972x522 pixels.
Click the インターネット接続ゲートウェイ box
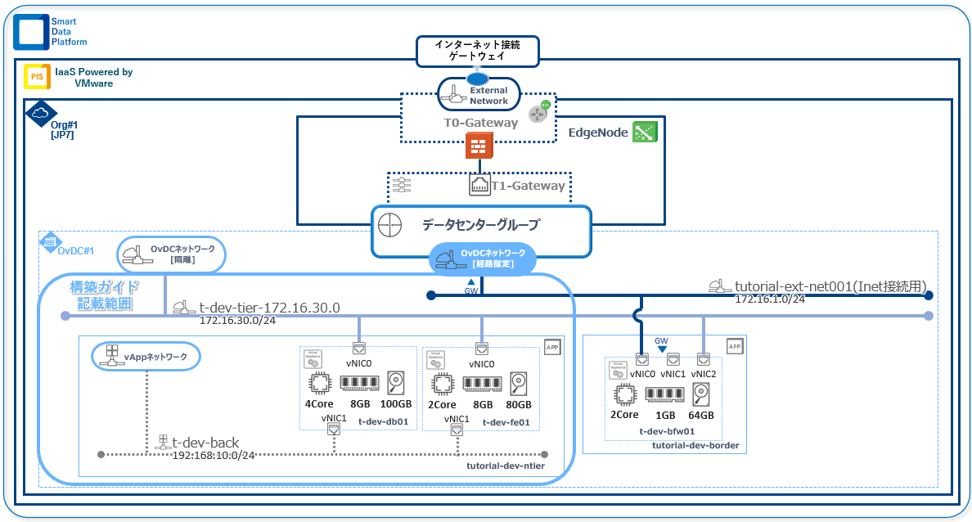click(478, 51)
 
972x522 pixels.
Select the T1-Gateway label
click(528, 186)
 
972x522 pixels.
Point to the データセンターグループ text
click(481, 224)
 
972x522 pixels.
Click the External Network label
click(488, 96)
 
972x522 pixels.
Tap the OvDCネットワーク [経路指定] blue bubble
click(483, 258)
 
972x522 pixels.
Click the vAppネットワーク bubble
click(145, 357)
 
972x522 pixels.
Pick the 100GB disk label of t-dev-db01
click(397, 405)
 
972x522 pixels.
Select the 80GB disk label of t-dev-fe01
click(519, 405)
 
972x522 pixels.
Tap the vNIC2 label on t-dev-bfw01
click(704, 373)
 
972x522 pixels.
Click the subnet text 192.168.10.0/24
click(214, 455)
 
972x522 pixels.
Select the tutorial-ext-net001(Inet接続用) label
click(830, 286)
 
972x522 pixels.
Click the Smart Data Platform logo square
click(31, 32)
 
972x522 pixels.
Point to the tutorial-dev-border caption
click(695, 446)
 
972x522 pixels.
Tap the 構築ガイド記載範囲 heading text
click(103, 295)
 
